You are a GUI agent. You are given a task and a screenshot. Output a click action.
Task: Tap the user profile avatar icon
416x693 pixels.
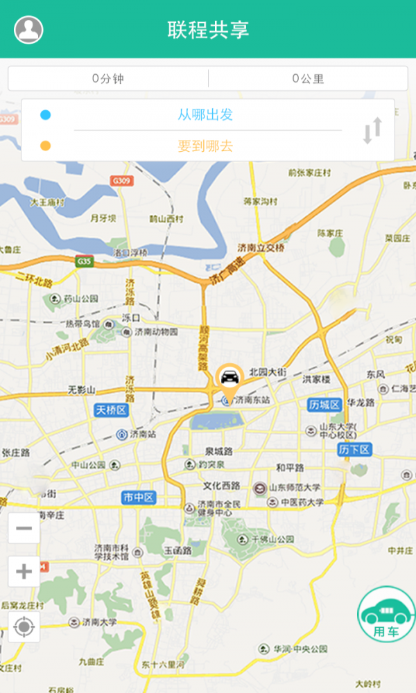click(28, 30)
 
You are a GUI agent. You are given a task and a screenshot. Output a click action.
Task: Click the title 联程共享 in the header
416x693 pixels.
click(208, 30)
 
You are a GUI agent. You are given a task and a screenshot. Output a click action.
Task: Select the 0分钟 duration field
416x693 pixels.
click(107, 78)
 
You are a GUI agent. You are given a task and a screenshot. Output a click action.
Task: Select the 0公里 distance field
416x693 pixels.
click(308, 78)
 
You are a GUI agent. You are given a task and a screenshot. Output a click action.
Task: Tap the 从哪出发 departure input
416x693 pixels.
click(205, 114)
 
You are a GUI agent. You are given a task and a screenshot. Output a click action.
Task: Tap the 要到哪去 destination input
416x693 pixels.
click(205, 146)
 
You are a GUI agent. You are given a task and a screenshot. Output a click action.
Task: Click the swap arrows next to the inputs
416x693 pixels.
click(372, 131)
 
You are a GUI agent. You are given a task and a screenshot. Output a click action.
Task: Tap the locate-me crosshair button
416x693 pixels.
click(24, 627)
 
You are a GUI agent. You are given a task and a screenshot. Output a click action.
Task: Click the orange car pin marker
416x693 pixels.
click(229, 378)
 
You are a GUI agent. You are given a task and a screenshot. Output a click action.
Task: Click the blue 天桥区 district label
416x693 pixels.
click(112, 411)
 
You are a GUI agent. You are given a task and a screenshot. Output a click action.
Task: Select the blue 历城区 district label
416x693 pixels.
click(324, 404)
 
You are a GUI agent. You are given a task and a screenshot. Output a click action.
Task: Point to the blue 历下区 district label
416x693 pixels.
click(355, 450)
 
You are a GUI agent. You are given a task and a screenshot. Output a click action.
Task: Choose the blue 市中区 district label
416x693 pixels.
click(139, 498)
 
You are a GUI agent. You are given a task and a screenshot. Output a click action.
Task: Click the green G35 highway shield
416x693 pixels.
click(85, 261)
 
